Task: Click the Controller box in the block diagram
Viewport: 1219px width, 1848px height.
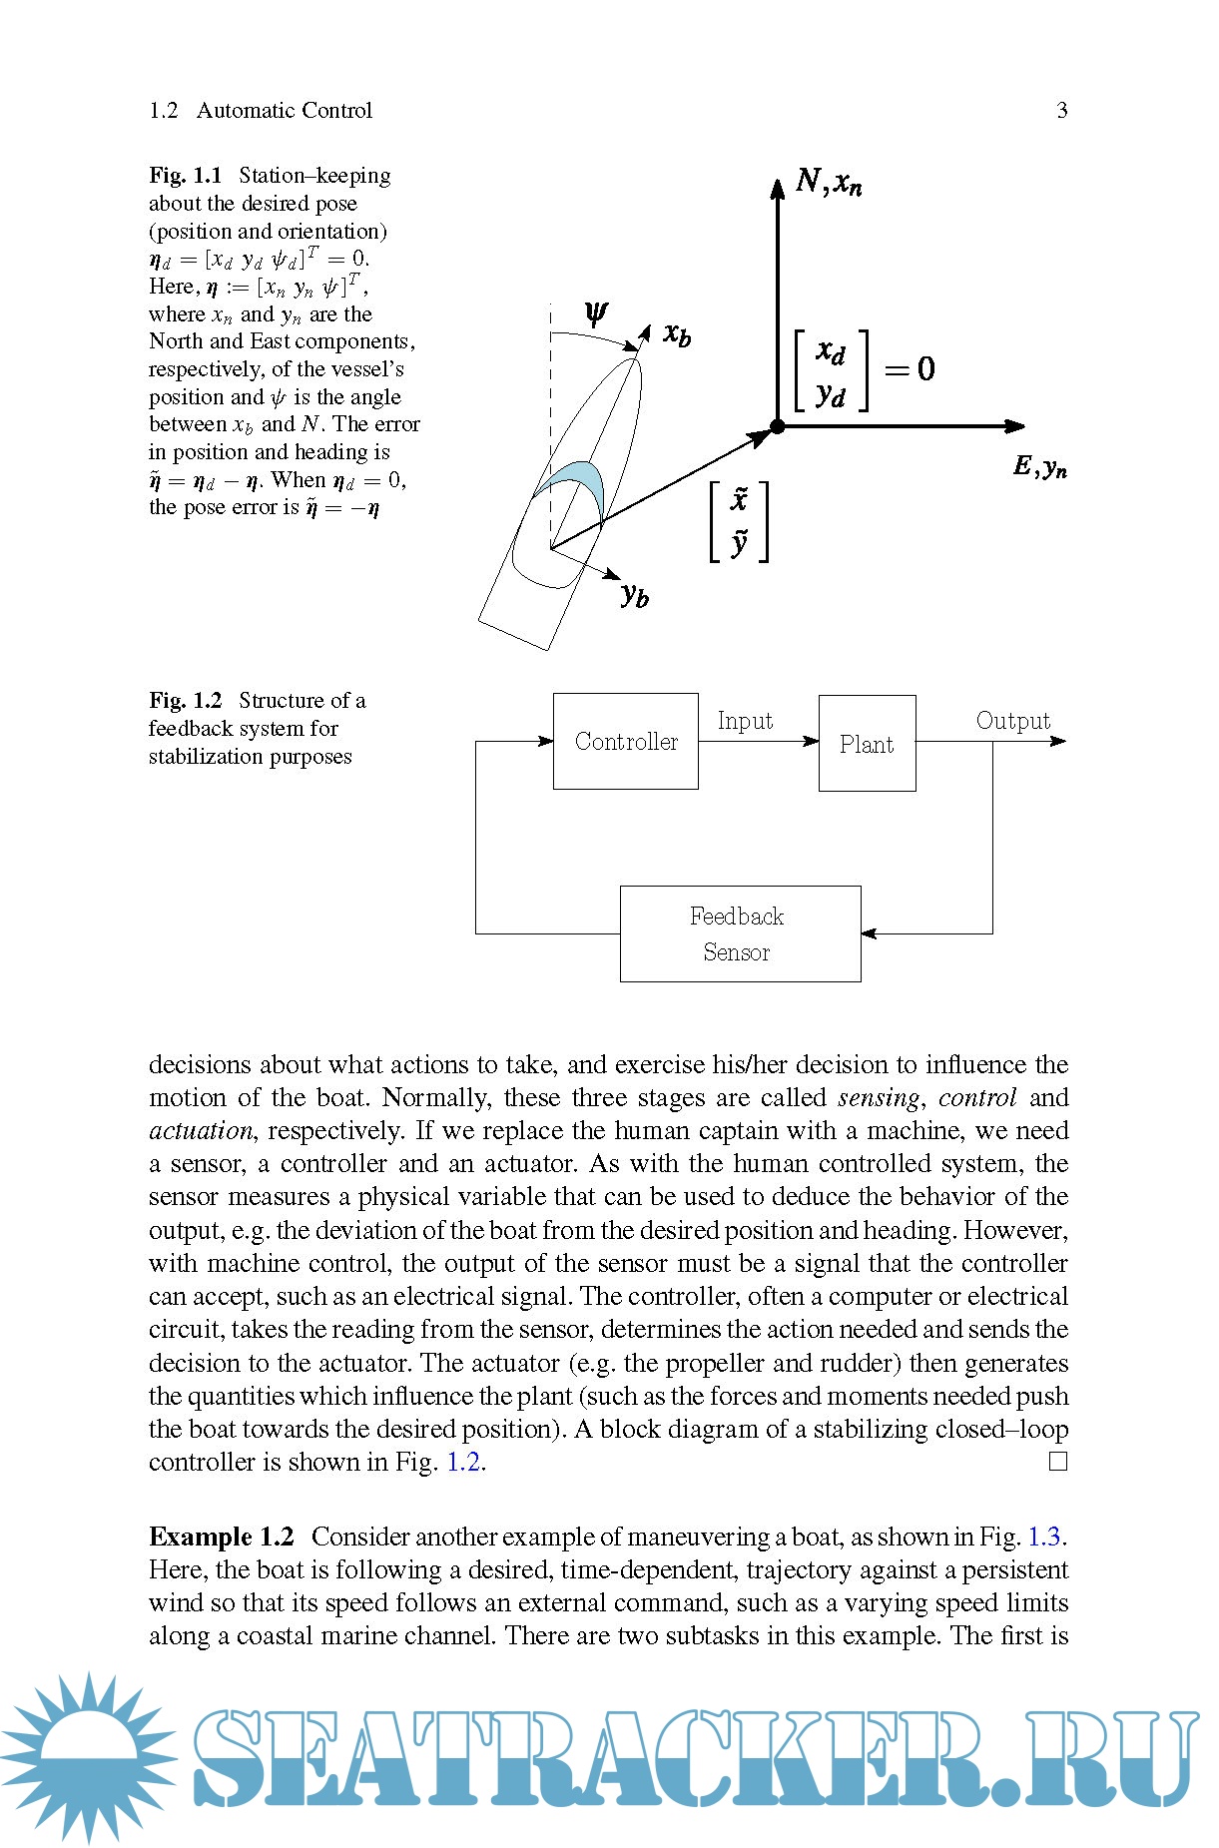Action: click(625, 741)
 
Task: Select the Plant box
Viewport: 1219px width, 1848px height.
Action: click(867, 744)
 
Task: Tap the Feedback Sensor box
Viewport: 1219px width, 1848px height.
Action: click(740, 933)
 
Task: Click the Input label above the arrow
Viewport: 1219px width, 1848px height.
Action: click(745, 721)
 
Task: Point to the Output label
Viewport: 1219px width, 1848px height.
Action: click(1012, 721)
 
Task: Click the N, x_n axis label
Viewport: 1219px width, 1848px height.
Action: click(829, 182)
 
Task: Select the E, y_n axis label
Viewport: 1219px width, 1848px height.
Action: click(1040, 466)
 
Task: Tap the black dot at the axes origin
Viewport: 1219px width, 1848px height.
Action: click(778, 426)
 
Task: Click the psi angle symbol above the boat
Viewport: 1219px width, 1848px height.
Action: click(596, 314)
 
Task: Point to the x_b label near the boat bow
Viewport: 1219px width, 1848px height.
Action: click(677, 334)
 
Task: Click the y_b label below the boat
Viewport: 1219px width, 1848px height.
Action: click(635, 595)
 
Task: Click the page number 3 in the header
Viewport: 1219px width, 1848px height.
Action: click(1062, 110)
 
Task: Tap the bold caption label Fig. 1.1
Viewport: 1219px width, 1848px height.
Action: click(186, 176)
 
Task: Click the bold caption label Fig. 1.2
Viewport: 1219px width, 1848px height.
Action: click(186, 701)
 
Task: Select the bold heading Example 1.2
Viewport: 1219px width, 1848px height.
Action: click(222, 1536)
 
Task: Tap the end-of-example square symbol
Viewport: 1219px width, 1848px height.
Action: click(1058, 1462)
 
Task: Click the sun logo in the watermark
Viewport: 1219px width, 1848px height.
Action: click(90, 1757)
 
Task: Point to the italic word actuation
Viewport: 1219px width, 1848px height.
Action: click(201, 1130)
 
